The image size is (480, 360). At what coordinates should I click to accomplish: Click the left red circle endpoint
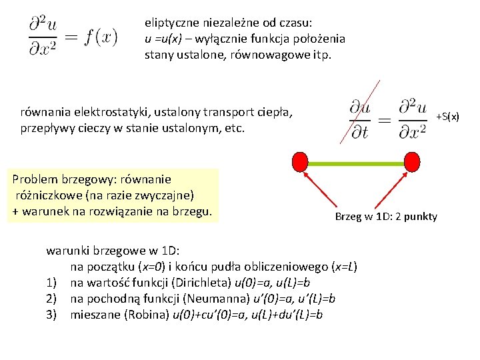[x=301, y=161]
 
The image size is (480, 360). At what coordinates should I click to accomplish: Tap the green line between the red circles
[x=356, y=161]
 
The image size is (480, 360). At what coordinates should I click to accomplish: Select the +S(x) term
[x=447, y=117]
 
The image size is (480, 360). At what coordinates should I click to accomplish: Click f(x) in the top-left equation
[x=101, y=35]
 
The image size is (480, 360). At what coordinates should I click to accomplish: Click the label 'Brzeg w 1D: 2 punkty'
[x=386, y=217]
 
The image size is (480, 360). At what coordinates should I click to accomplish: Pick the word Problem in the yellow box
[x=34, y=179]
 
